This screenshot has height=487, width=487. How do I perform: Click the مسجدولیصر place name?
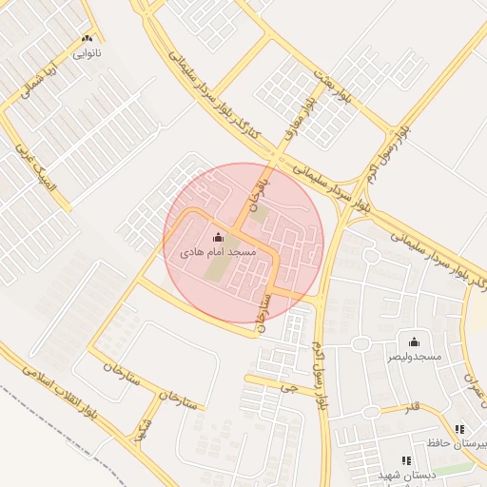click(x=414, y=357)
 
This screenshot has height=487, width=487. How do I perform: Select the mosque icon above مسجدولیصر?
click(x=414, y=342)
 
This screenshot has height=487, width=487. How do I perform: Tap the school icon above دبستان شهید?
click(x=406, y=460)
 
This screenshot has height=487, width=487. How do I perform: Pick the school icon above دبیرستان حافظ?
click(x=460, y=430)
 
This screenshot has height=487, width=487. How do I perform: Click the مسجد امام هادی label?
click(x=219, y=253)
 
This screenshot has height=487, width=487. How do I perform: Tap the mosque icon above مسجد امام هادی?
click(x=219, y=238)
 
